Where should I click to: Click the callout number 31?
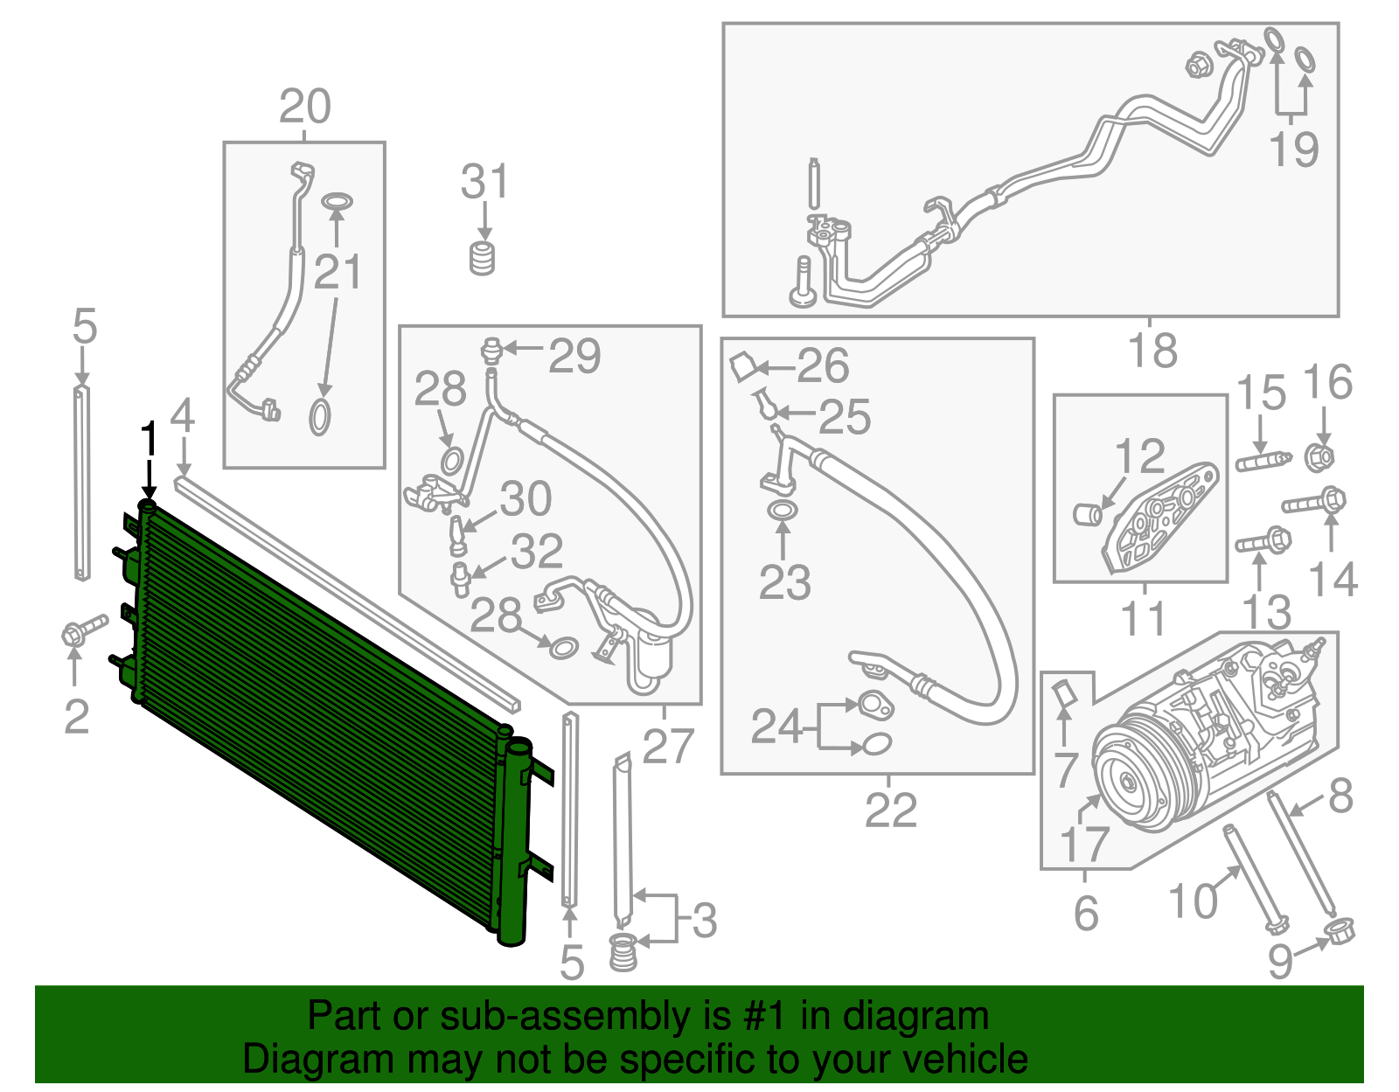484,182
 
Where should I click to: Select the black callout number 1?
150,439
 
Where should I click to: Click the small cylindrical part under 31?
483,258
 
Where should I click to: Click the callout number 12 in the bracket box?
1139,456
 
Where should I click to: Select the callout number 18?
1152,351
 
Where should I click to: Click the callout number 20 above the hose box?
304,107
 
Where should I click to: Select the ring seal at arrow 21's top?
336,202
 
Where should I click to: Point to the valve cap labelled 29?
492,349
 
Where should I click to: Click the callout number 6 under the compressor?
1085,913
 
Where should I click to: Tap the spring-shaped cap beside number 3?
622,950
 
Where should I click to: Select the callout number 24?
776,726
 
